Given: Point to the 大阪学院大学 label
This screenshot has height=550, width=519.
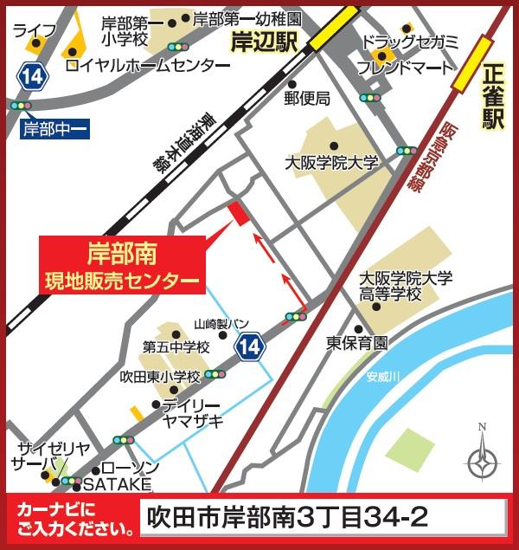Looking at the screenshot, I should [x=332, y=162].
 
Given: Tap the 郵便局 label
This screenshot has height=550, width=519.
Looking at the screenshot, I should [x=307, y=98].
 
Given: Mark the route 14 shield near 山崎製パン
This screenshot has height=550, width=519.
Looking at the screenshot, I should [x=250, y=345].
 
